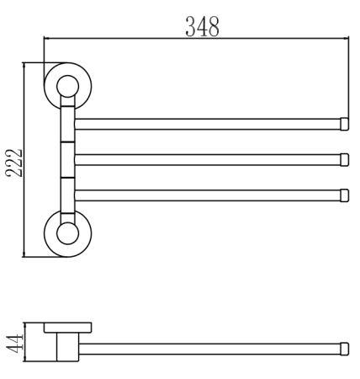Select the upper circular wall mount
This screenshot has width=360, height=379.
[67, 84]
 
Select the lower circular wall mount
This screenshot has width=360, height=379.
[67, 229]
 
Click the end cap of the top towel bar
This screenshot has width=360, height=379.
[344, 124]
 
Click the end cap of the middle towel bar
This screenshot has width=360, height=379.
[344, 159]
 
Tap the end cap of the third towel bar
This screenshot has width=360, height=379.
[344, 195]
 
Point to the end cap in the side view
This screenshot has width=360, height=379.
[344, 348]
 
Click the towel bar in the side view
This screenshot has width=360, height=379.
[210, 348]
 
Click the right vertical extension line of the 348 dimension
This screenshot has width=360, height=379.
[349, 76]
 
